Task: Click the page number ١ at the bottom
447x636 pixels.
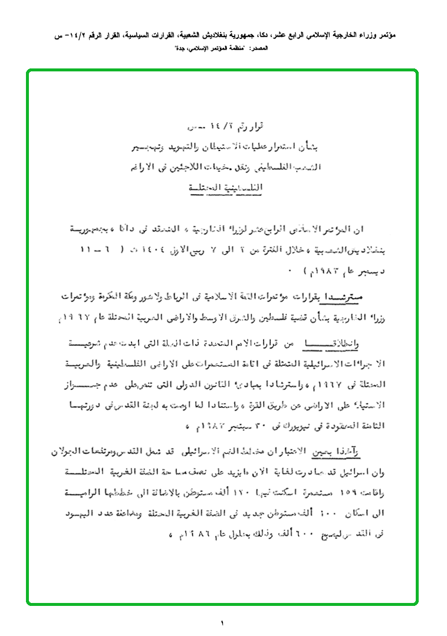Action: click(x=222, y=622)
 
